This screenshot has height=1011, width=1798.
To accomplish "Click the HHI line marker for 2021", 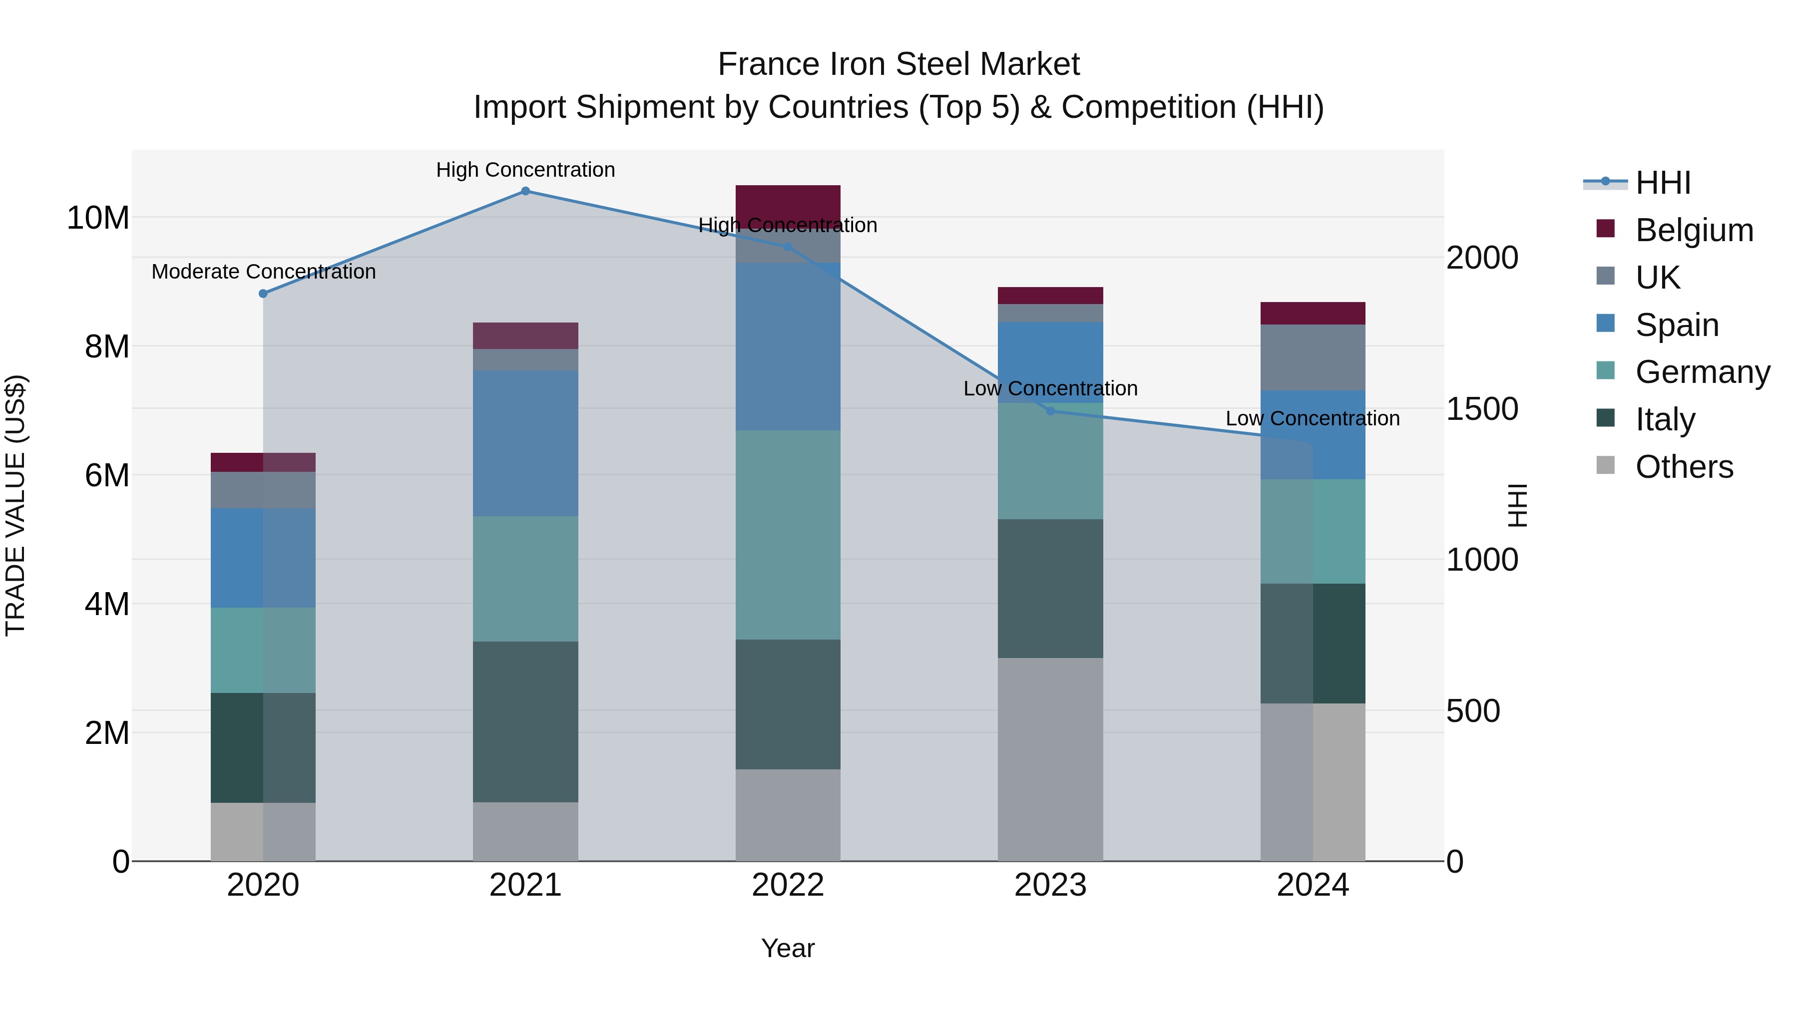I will [x=525, y=191].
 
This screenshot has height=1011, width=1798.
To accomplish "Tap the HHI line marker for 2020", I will [x=263, y=294].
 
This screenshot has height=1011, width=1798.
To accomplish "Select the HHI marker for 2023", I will [x=1050, y=411].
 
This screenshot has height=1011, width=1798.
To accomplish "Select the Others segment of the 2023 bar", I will [x=1050, y=759].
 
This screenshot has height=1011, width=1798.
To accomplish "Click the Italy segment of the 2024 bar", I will [x=1313, y=644].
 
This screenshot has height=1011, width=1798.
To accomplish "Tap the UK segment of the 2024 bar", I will [x=1313, y=357].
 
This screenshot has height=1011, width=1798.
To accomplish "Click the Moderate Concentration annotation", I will [x=263, y=272].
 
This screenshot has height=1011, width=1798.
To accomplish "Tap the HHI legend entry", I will [x=1663, y=183].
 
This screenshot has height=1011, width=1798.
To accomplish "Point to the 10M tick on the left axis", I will [x=98, y=218].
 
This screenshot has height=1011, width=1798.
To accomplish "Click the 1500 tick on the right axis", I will [x=1481, y=409].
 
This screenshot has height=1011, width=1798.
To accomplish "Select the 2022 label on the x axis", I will [x=788, y=885].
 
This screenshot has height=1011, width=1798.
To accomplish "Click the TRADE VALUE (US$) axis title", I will [x=15, y=505].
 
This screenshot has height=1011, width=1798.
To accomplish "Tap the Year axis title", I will [x=788, y=948].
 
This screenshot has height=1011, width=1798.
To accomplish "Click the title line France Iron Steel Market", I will [x=899, y=64].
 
